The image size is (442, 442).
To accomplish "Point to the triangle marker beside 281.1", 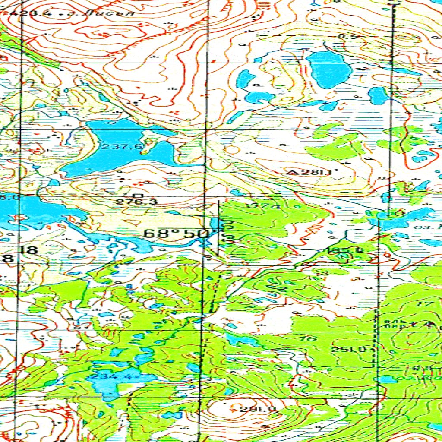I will pos(293,173).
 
